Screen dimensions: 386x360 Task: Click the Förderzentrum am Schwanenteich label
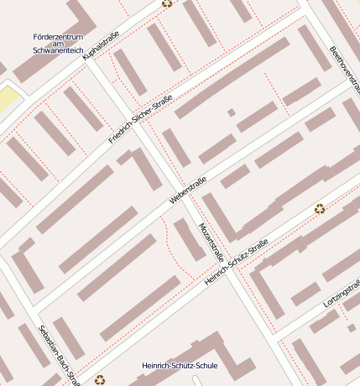tap(58, 44)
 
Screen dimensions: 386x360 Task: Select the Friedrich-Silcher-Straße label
tap(140, 119)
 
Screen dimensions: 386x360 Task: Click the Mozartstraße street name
tap(208, 243)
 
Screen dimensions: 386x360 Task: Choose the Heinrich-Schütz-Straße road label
tap(236, 262)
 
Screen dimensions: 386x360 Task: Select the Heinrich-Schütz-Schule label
tap(180, 366)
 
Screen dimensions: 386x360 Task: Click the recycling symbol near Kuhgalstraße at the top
tap(167, 3)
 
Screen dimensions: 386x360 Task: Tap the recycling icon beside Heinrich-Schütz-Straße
tap(319, 209)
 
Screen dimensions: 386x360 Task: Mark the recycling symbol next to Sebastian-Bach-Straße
tap(101, 379)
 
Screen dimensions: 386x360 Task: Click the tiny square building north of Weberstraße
tap(232, 112)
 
